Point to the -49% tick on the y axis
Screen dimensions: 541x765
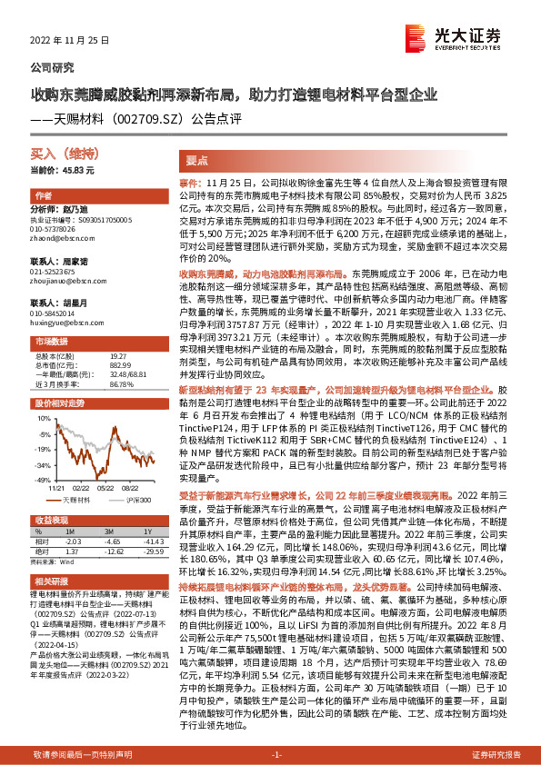[45, 478]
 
